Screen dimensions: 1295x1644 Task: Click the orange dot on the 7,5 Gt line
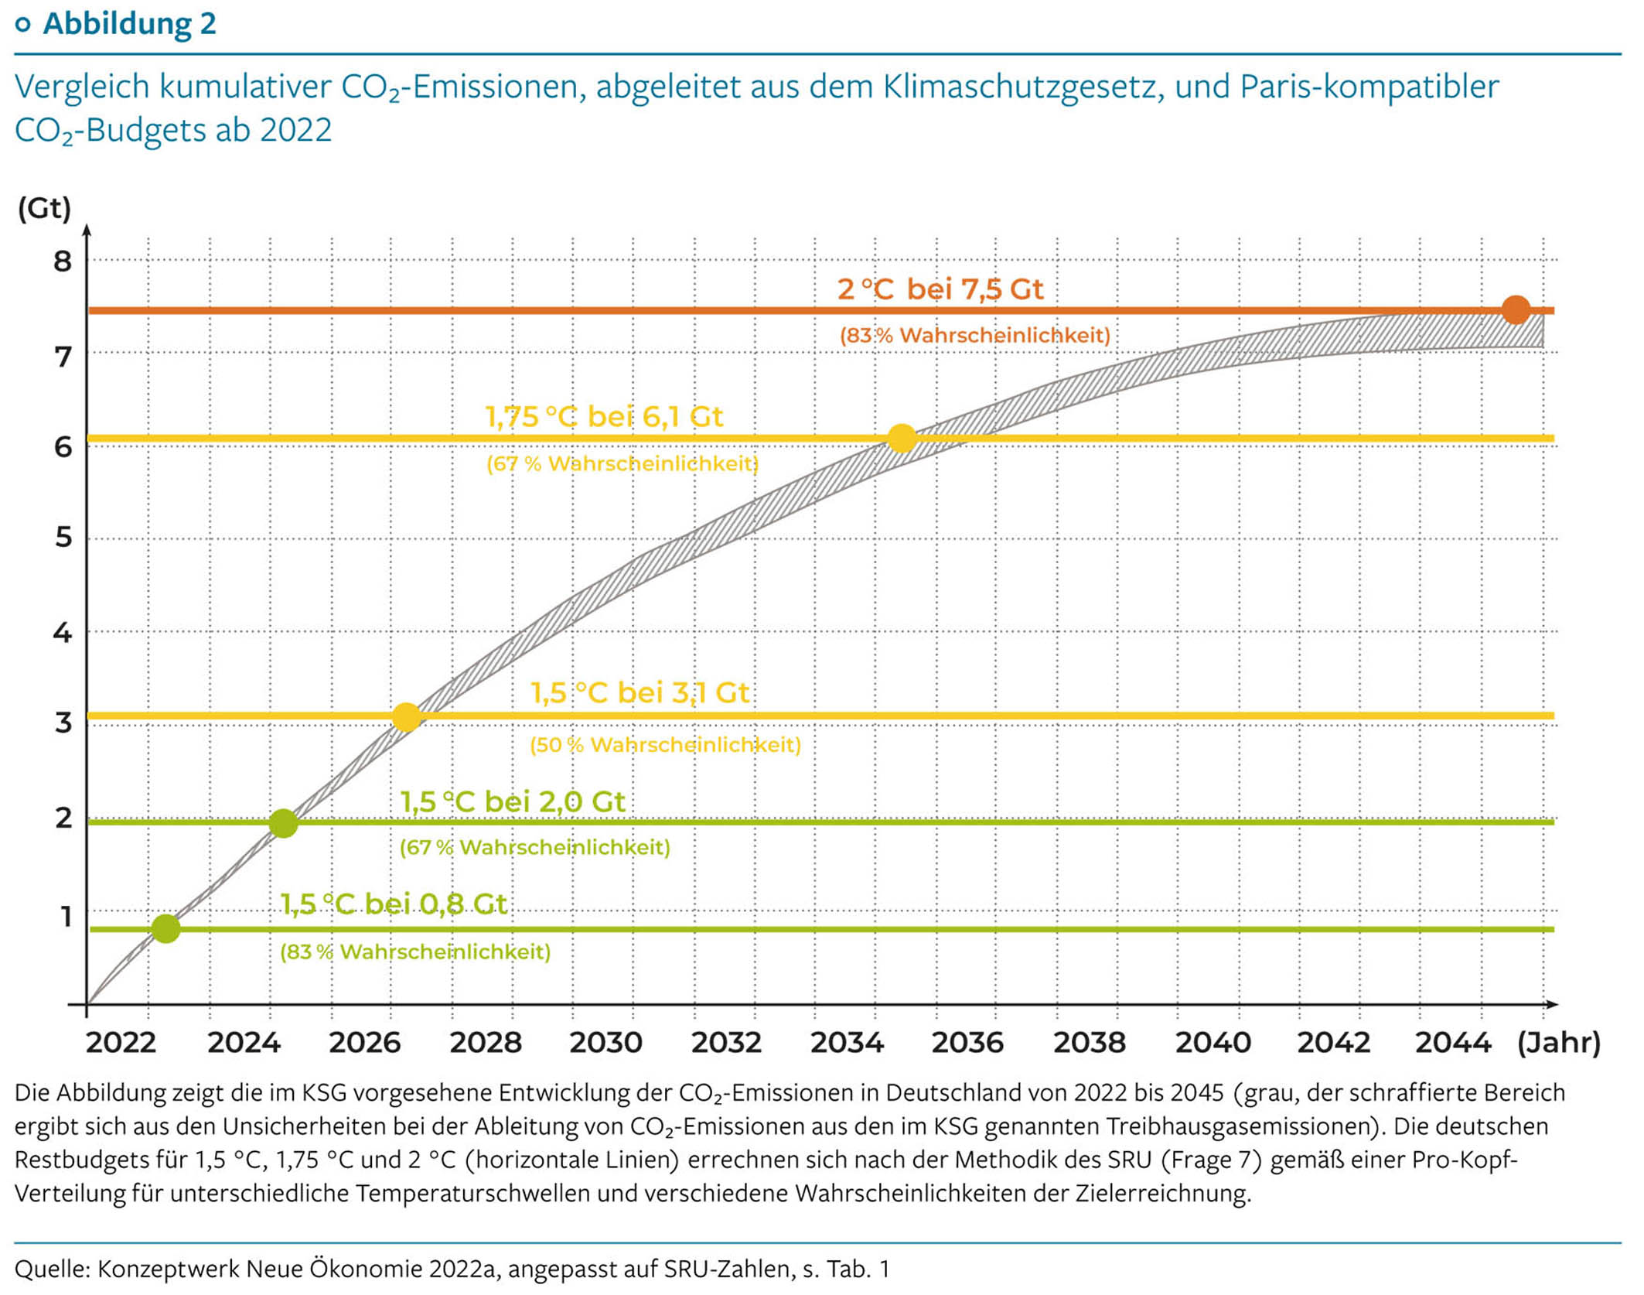tap(1516, 310)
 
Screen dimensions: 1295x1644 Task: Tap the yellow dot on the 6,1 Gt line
tap(902, 439)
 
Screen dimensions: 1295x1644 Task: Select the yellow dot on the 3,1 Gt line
tap(407, 717)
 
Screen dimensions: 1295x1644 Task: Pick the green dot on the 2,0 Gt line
tap(284, 823)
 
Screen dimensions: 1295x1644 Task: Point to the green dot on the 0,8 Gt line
tap(166, 928)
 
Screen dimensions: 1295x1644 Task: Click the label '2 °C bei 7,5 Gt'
tap(940, 289)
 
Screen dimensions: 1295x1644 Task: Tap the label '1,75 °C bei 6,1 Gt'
tap(603, 417)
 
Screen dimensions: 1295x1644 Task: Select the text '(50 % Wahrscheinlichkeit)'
tap(665, 745)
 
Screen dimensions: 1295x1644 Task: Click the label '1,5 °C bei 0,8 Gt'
tap(394, 904)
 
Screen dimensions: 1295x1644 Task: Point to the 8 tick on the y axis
tap(63, 262)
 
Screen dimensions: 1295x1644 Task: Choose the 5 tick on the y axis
tap(63, 538)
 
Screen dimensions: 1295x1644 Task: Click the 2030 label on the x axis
tap(605, 1043)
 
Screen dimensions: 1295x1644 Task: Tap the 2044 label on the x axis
tap(1452, 1043)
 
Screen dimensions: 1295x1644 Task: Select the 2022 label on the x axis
tap(121, 1043)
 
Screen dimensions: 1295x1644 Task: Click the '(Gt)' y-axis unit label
tap(44, 208)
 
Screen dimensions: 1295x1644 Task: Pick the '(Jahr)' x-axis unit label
tap(1558, 1043)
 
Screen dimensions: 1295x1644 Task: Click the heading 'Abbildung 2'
tap(129, 23)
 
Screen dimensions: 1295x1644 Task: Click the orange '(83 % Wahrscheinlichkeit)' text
tap(974, 336)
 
